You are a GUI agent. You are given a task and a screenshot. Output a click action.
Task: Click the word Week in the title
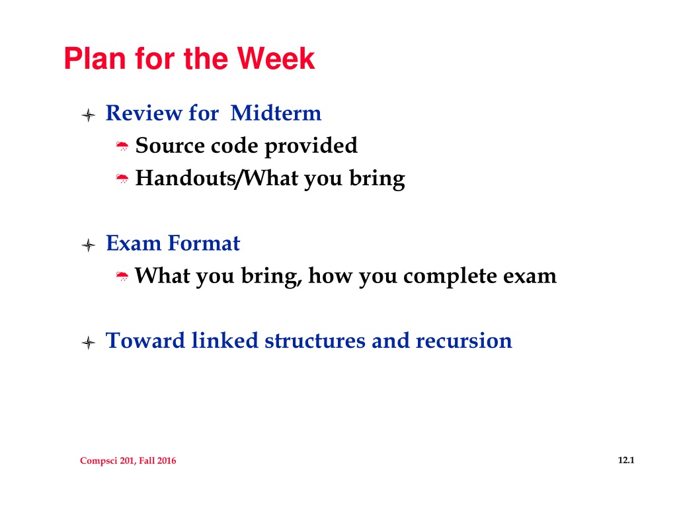click(276, 58)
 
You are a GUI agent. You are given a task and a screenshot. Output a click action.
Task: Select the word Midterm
click(276, 113)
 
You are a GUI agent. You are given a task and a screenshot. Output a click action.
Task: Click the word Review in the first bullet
click(143, 113)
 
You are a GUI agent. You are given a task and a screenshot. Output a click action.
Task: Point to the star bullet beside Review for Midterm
click(88, 115)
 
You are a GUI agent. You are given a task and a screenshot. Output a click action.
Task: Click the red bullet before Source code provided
click(122, 146)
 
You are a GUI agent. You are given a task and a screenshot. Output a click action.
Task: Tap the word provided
click(311, 146)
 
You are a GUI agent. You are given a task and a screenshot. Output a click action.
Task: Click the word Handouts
click(185, 178)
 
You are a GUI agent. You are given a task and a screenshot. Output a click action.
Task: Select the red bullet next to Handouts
click(122, 179)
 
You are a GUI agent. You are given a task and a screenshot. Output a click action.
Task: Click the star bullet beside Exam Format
click(88, 245)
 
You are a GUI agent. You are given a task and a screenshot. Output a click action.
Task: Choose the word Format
click(204, 243)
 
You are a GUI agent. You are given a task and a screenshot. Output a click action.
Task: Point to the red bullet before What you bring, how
click(122, 276)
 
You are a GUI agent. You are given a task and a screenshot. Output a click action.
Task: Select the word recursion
click(463, 341)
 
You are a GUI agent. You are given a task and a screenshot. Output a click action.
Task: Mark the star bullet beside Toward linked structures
click(88, 343)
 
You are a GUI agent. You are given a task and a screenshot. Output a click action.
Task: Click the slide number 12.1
click(626, 460)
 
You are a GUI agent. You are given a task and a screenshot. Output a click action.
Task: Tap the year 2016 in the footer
click(166, 460)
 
